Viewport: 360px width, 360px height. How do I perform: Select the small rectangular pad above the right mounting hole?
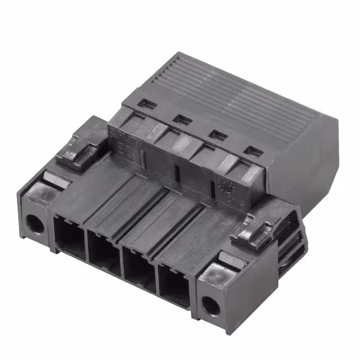click(231, 259)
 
